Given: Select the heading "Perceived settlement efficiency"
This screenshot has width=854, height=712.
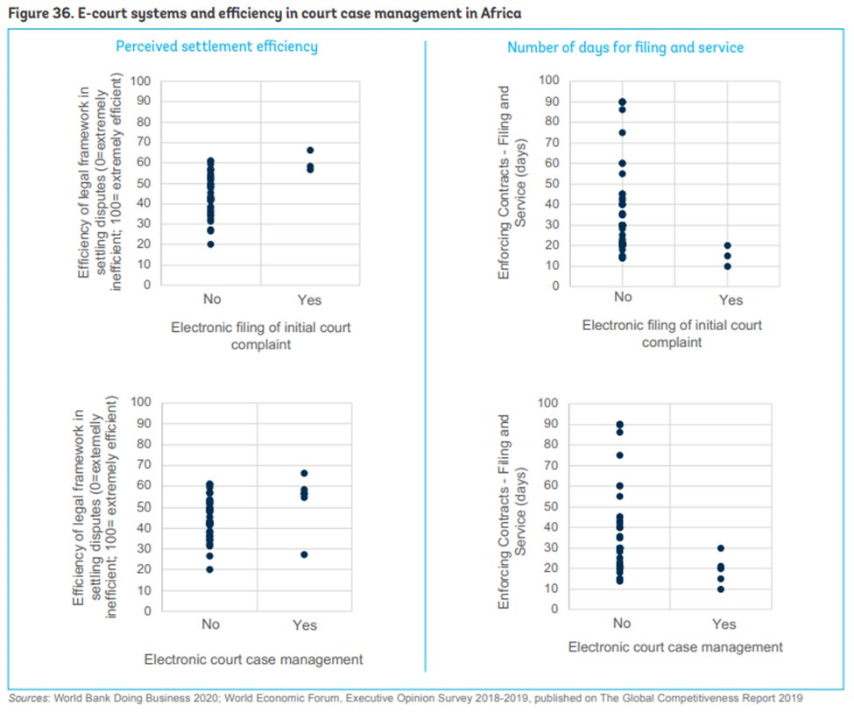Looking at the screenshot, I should pyautogui.click(x=216, y=46).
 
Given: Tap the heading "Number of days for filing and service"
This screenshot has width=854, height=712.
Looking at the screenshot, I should pyautogui.click(x=625, y=46).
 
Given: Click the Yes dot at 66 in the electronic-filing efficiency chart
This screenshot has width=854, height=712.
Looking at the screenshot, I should pyautogui.click(x=309, y=150).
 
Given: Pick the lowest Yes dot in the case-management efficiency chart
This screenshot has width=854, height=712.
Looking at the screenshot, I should pyautogui.click(x=304, y=554).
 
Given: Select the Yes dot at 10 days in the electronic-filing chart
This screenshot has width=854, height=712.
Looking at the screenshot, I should pyautogui.click(x=727, y=266).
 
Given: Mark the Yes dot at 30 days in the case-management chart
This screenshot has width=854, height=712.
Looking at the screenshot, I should pyautogui.click(x=721, y=548).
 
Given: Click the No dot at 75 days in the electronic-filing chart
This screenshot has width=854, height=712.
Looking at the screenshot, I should pyautogui.click(x=622, y=133).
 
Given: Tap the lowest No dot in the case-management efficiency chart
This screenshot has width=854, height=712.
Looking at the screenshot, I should pyautogui.click(x=210, y=569).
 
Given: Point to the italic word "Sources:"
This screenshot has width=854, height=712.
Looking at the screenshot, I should pyautogui.click(x=29, y=698).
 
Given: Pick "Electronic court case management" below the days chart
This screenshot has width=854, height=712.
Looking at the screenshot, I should pyautogui.click(x=675, y=647).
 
